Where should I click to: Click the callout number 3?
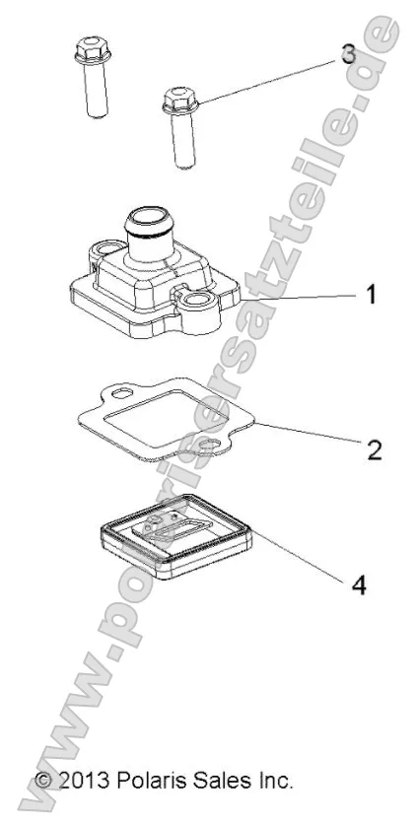click(348, 54)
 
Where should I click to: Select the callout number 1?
click(372, 295)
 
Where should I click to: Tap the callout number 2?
click(374, 449)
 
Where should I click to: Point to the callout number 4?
click(359, 584)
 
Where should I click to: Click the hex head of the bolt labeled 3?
click(180, 101)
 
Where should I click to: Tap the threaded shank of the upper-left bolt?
click(96, 89)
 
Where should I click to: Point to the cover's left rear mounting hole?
click(108, 247)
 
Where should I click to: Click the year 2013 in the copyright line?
click(85, 780)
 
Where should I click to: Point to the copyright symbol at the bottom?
click(43, 780)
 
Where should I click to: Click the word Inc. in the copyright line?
click(273, 780)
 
